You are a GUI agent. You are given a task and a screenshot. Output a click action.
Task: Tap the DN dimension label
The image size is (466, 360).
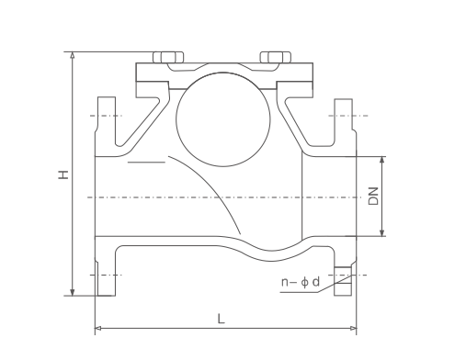click(373, 196)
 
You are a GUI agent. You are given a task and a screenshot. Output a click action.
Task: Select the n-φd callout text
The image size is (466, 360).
click(300, 283)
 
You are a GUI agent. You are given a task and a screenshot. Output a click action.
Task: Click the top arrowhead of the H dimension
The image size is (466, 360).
click(71, 56)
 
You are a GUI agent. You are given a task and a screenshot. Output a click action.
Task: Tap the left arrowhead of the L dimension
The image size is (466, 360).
click(99, 327)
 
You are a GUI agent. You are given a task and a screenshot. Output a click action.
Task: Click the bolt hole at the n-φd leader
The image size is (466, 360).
click(343, 276)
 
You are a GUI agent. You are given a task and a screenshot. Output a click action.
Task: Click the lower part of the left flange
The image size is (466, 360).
click(104, 272)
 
